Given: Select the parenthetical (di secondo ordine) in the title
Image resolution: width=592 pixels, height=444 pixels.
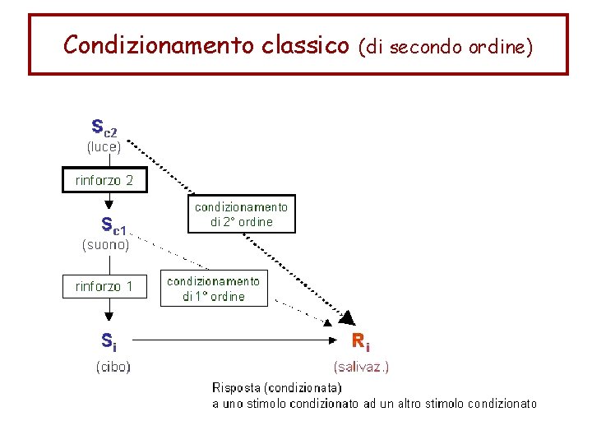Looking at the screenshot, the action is click(446, 46).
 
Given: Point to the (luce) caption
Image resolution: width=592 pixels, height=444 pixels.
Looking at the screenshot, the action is click(104, 147).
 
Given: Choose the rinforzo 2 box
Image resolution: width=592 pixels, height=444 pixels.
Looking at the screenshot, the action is click(104, 180).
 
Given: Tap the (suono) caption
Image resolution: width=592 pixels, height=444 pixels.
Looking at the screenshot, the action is click(104, 244).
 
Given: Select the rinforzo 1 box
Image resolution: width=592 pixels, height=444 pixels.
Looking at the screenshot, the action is click(104, 287).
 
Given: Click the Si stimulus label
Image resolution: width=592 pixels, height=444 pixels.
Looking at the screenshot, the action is click(109, 339).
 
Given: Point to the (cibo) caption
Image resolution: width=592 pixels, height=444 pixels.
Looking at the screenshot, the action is click(113, 367).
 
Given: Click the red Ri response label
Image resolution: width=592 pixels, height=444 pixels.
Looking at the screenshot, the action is click(360, 340).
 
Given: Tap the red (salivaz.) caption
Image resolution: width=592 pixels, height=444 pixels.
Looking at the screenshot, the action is click(361, 367).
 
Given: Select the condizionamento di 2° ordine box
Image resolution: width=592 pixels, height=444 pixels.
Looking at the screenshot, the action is click(242, 215).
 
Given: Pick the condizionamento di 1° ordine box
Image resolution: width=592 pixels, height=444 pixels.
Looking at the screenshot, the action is click(213, 289).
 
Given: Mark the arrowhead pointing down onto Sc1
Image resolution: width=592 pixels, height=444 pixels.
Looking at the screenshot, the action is click(109, 207).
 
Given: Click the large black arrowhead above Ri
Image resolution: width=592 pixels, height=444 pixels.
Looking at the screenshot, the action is click(349, 317).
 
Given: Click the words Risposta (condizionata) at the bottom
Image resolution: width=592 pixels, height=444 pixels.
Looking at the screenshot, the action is click(276, 387).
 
